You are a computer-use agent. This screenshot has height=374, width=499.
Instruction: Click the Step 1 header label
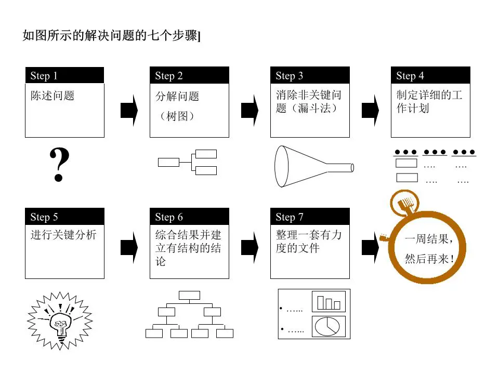coord(44,76)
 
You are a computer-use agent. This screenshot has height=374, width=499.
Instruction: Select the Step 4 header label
coord(410,76)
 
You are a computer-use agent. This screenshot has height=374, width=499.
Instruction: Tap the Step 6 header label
coord(169,217)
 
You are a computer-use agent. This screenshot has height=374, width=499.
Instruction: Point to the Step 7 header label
coord(290,217)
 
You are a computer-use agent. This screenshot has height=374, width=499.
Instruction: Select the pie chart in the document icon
coord(327,326)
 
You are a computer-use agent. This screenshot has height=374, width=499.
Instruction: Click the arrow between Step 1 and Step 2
coord(128,110)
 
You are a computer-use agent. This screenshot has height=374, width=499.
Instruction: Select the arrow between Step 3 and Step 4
coord(370,110)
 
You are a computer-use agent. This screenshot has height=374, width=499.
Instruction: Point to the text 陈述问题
coord(52,96)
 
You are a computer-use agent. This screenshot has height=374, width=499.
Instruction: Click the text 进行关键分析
coord(63,235)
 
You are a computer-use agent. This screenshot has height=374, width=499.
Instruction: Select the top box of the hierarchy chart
coord(189,296)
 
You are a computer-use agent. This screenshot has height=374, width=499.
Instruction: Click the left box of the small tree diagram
coord(168,162)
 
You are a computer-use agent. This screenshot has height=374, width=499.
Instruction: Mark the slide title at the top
coord(112,36)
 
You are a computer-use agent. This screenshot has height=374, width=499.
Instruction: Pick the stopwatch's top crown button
coord(404,201)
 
